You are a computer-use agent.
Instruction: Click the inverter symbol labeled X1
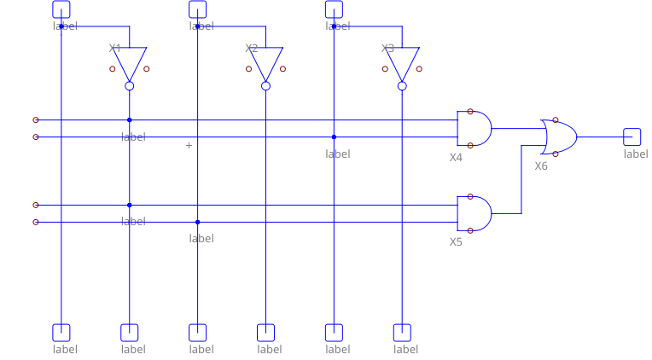coord(130,63)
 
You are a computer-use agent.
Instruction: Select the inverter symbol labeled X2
coord(265,63)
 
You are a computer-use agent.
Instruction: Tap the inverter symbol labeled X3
coord(402,63)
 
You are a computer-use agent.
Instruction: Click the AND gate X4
coord(474,128)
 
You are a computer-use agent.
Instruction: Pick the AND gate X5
coord(474,213)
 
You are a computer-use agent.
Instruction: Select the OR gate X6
coord(559,136)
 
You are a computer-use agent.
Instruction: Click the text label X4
coord(456,157)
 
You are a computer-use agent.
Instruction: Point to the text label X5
coord(456,241)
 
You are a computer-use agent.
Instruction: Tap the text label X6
coord(541,165)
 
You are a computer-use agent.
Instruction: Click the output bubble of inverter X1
coord(130,85)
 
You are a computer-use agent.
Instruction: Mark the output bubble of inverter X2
coord(265,85)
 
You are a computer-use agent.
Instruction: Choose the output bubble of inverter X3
coord(402,85)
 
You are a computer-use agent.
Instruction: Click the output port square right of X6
coord(632,136)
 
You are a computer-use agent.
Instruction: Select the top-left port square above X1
coord(61,9)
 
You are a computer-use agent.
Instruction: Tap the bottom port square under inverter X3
coord(402,333)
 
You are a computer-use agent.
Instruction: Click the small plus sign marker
coord(189,145)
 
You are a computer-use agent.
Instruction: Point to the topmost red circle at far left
coord(35,120)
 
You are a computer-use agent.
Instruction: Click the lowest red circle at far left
coord(35,222)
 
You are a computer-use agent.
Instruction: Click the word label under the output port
coord(635,154)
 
